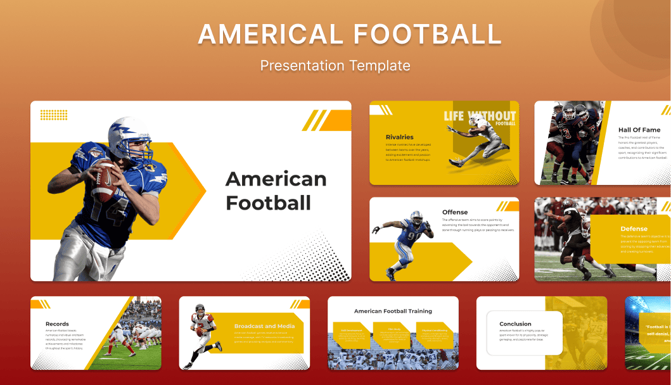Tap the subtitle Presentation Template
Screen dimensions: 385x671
[335, 65]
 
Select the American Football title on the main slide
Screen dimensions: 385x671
[276, 191]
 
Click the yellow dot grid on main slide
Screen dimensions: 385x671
[54, 115]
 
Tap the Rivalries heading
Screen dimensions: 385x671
[399, 137]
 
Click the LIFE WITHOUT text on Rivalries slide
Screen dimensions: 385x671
[479, 116]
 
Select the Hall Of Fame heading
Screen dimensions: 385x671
[639, 130]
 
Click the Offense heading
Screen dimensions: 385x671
[455, 212]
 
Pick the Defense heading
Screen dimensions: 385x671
[634, 229]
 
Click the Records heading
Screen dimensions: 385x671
[57, 324]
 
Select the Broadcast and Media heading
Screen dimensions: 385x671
[264, 326]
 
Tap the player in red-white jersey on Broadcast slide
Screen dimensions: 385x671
[203, 335]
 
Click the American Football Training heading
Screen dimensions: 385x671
[393, 311]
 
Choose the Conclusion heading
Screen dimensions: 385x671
[515, 324]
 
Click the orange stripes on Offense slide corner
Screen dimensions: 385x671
[507, 206]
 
